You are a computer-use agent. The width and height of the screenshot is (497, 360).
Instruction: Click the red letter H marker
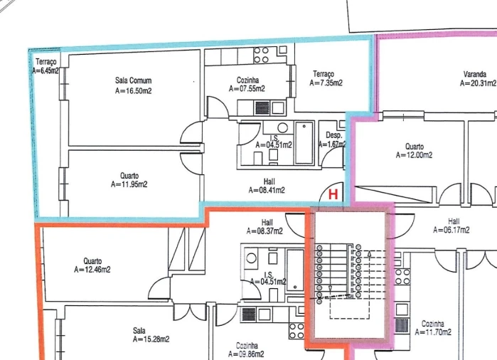point(332,192)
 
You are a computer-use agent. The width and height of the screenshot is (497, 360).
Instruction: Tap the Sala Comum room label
point(133,81)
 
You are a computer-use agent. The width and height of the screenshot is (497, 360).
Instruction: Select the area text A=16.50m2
point(133,91)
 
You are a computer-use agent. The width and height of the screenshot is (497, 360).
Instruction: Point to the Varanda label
point(474,74)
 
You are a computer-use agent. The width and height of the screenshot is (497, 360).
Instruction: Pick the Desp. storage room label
point(334,135)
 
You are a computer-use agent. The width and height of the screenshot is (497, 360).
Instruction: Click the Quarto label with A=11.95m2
point(129,176)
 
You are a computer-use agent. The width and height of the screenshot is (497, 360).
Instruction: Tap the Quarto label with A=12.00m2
point(415,147)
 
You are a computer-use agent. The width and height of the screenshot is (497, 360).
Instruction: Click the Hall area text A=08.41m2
point(267,190)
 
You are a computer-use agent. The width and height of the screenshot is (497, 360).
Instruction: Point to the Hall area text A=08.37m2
point(264,231)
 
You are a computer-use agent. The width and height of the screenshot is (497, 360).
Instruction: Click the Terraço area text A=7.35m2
point(326,83)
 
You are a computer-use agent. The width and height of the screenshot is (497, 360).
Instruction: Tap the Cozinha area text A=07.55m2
point(247,89)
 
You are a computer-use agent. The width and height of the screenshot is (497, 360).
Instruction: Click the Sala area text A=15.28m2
point(151,339)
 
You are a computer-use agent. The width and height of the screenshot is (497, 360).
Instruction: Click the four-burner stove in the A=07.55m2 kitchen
point(260,54)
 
